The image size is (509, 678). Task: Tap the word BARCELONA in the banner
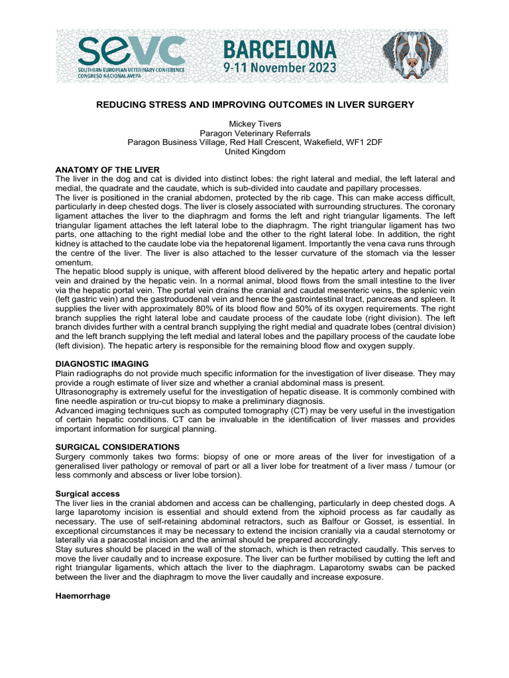tap(279, 50)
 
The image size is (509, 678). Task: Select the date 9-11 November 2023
tap(279, 68)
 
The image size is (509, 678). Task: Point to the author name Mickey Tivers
tap(254, 123)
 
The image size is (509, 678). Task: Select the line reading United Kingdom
tap(254, 151)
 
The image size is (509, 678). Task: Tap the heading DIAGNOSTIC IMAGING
tap(101, 363)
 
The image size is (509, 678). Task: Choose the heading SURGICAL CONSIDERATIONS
tap(117, 447)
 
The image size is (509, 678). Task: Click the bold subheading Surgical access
tap(87, 493)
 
